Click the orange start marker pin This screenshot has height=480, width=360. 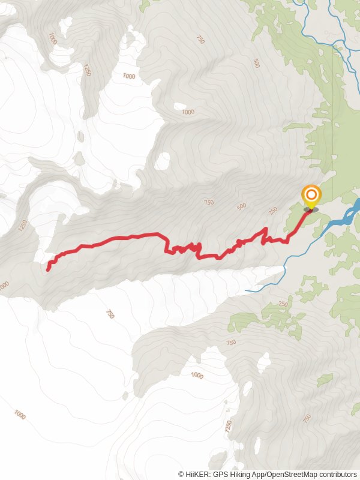(x=311, y=197)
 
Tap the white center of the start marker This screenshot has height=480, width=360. (x=311, y=194)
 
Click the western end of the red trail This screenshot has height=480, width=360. (x=47, y=269)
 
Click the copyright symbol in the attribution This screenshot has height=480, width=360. (x=181, y=474)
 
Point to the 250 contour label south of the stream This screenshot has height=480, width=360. (x=283, y=304)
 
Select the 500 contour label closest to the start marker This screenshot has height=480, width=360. (x=241, y=207)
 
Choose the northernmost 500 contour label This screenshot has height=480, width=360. (x=256, y=63)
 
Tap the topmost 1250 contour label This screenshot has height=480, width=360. (x=87, y=70)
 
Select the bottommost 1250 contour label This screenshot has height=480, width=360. (x=228, y=427)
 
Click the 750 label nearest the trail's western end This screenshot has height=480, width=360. (x=110, y=313)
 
